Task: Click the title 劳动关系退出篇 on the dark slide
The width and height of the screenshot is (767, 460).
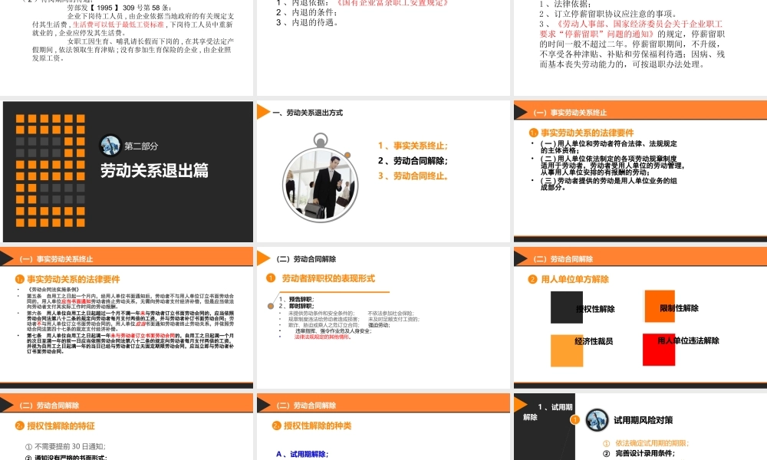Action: (154, 170)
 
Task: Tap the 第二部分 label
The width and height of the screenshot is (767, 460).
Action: (141, 146)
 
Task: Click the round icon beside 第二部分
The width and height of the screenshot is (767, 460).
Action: (110, 145)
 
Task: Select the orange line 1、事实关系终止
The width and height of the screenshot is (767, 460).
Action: (413, 146)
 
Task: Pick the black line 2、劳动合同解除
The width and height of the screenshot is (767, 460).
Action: (413, 161)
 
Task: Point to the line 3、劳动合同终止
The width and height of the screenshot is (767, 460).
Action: (413, 176)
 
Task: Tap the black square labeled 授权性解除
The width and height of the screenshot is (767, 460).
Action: (572, 308)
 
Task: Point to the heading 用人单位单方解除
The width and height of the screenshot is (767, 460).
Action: (574, 279)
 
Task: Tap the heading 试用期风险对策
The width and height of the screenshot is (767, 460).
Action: (643, 420)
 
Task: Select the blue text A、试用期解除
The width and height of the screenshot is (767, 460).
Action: (302, 455)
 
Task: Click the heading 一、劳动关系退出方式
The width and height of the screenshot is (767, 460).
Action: (307, 113)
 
